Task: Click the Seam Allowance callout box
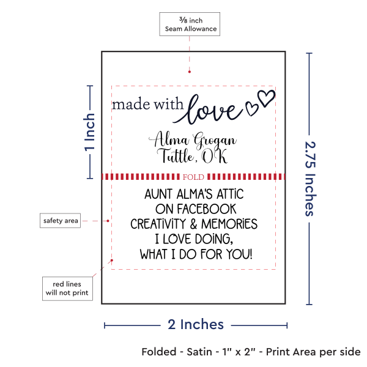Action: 190,24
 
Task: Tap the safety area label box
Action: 60,220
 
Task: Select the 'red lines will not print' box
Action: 67,288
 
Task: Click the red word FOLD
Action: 193,177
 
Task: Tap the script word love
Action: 209,110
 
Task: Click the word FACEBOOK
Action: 207,209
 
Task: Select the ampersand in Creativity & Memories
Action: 193,224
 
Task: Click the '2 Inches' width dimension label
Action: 196,324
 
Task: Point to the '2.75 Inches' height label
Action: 311,179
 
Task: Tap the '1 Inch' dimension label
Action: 90,132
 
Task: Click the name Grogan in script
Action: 215,141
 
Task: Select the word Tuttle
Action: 176,155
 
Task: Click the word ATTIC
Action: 230,195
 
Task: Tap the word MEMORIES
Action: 229,224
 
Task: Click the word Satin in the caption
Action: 199,352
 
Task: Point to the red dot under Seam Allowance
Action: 190,72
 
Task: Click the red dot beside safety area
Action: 108,221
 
